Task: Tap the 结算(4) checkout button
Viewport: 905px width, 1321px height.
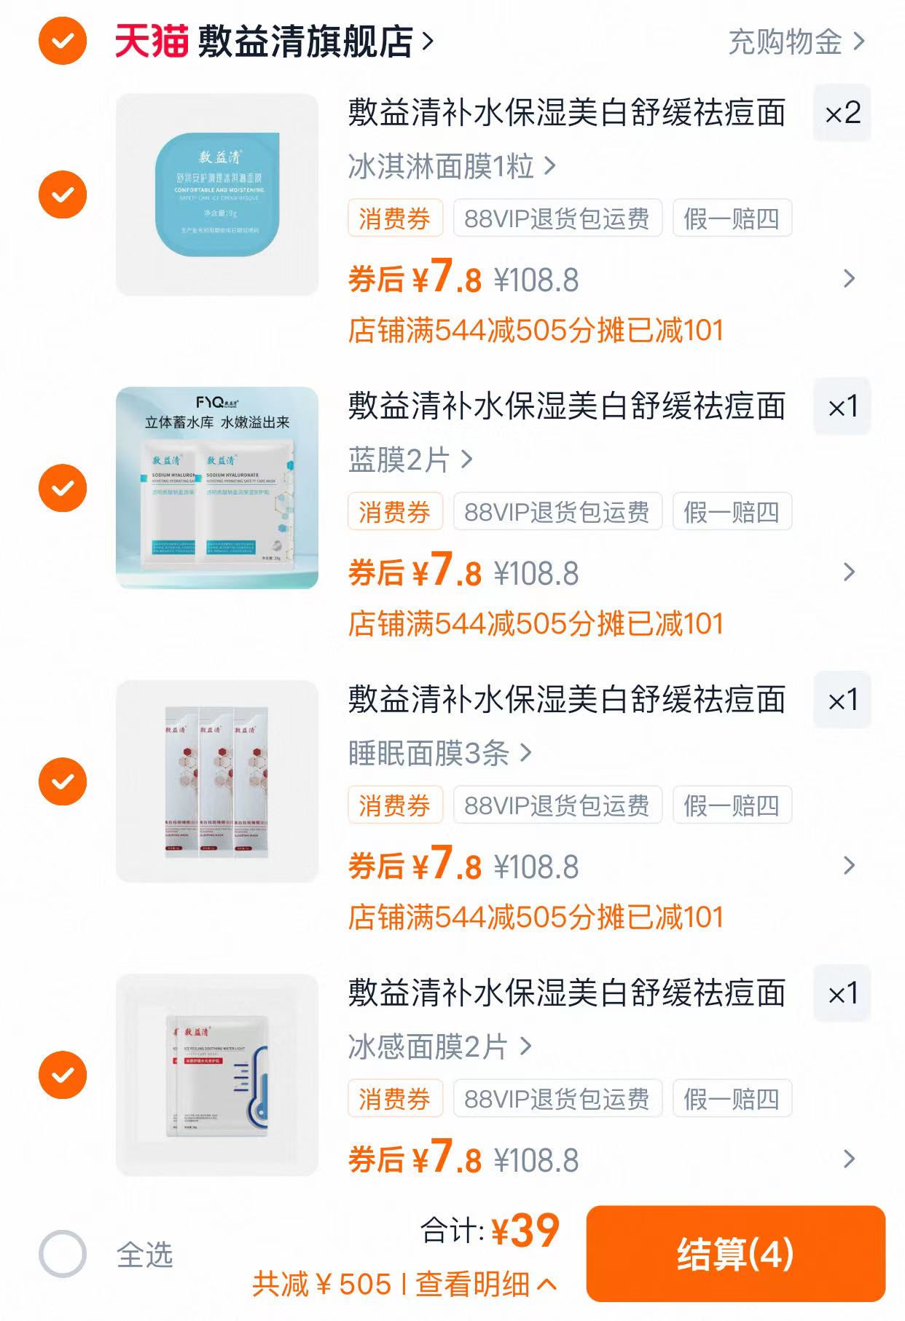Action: (x=735, y=1254)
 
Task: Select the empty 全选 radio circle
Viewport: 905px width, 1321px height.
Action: (x=63, y=1254)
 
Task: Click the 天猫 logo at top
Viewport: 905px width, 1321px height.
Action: (x=152, y=42)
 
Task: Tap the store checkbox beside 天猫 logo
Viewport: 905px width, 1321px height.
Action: (x=63, y=42)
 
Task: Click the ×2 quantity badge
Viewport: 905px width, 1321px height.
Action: (x=842, y=114)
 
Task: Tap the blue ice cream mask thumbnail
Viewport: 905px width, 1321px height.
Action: (x=217, y=194)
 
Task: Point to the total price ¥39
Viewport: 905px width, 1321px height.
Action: (x=525, y=1231)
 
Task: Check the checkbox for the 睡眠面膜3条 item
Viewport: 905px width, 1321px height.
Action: (x=63, y=781)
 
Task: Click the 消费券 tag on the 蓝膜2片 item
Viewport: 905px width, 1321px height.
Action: (x=395, y=512)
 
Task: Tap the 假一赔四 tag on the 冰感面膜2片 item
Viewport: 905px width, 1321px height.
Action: (x=732, y=1099)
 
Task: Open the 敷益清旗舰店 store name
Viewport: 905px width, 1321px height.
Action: (x=306, y=42)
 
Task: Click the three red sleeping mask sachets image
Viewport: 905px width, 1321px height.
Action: (x=217, y=781)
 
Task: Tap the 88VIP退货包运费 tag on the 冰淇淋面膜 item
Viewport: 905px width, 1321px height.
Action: (x=557, y=218)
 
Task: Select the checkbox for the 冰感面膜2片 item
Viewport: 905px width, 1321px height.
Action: (x=63, y=1075)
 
